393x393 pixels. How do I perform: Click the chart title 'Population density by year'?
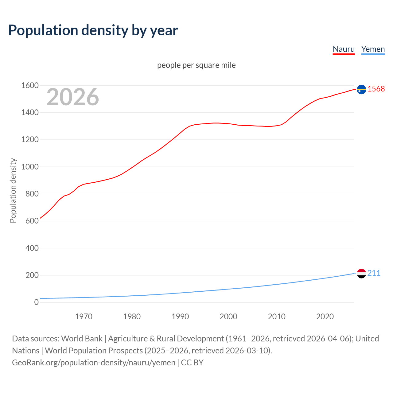click(93, 30)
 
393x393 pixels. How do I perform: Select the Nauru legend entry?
click(344, 49)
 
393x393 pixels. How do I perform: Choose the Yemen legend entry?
click(373, 49)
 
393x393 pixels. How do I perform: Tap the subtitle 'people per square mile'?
click(196, 65)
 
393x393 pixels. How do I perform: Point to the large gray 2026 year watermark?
click(73, 97)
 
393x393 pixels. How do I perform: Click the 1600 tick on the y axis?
click(30, 85)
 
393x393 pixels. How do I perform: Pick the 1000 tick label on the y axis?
click(30, 167)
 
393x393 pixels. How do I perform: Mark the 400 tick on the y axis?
click(32, 248)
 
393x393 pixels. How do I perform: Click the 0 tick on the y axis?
click(36, 302)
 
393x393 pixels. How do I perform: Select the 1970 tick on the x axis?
click(84, 317)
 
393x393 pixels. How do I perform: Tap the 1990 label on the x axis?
click(180, 317)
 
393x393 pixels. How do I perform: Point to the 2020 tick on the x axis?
click(325, 317)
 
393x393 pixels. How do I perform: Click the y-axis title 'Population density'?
click(13, 190)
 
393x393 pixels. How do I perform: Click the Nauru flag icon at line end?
click(361, 89)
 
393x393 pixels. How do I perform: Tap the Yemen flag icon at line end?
click(361, 273)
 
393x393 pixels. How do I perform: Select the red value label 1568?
click(376, 89)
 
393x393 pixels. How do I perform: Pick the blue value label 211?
click(374, 273)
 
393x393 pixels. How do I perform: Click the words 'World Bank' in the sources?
click(82, 339)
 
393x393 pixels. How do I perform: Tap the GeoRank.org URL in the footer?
click(94, 363)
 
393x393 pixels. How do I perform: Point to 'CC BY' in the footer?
click(192, 363)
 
